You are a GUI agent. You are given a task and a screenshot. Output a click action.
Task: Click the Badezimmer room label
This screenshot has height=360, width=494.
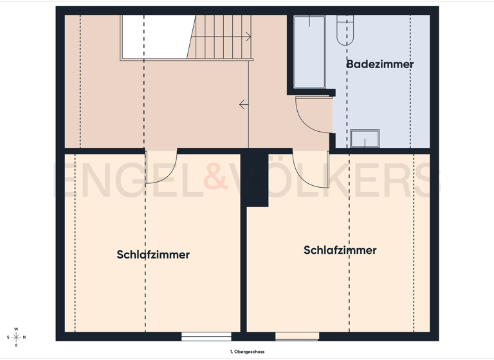point(380,64)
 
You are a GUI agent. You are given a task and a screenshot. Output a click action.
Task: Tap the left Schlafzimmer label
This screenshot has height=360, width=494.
point(153,255)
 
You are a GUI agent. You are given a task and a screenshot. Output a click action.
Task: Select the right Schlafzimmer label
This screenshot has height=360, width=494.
point(340,250)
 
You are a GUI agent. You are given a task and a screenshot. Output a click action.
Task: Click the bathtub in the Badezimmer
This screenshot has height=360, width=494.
point(309,51)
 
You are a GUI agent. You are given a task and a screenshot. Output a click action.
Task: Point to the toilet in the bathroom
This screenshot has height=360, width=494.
point(345,30)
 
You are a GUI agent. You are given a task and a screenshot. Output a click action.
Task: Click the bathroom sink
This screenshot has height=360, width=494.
point(365,138)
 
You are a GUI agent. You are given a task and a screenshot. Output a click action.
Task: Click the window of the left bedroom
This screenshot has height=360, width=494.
point(206,336)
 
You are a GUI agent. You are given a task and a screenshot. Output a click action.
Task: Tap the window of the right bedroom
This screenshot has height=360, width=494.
point(297,336)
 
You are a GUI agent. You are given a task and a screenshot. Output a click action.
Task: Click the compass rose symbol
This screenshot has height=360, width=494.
point(16,337)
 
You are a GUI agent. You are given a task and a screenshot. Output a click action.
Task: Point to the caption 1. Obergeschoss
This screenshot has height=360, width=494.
point(247,352)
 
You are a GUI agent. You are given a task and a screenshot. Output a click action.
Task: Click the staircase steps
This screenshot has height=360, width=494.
point(222,37)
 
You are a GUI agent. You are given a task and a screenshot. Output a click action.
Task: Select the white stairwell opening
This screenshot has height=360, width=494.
point(154,37)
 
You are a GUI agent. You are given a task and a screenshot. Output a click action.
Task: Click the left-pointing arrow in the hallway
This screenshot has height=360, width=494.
point(243,104)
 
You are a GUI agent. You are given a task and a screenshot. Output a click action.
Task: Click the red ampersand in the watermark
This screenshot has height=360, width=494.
point(215,178)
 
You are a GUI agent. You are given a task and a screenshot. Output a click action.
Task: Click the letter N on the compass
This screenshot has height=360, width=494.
point(24,337)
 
